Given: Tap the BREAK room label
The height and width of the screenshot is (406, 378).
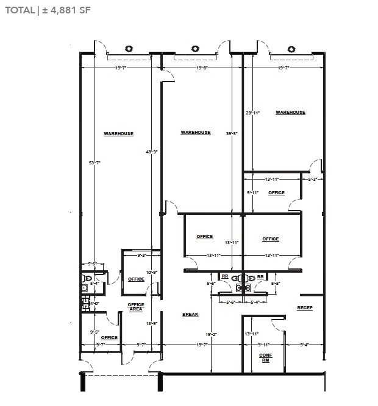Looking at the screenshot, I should click(x=191, y=315).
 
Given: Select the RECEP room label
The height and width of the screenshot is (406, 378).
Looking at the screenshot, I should click(x=305, y=308).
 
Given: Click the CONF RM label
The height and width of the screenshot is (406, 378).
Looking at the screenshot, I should click(x=265, y=357).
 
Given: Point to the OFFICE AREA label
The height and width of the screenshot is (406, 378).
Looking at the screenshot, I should click(x=136, y=307).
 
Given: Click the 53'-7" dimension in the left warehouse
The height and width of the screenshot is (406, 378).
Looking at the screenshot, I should click(x=93, y=163).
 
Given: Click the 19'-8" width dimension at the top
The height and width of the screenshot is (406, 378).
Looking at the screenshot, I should click(x=202, y=69).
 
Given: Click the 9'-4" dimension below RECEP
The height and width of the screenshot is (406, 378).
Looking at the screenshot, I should click(x=304, y=345).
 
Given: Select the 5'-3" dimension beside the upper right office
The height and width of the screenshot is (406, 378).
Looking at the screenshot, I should click(x=313, y=180).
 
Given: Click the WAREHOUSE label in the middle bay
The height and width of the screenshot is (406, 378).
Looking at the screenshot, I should click(x=196, y=133).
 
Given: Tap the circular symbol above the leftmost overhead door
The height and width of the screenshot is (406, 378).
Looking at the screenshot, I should click(x=129, y=49).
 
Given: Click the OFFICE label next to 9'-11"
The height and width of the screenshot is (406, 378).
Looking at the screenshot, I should click(x=276, y=193).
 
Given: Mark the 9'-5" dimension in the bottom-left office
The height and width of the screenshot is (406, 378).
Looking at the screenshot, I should click(x=94, y=332).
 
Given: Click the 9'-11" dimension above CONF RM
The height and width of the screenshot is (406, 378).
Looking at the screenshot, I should click(x=264, y=345).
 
